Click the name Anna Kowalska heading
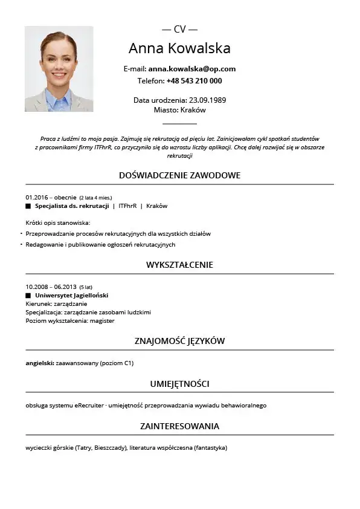[x=179, y=48]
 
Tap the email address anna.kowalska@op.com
[x=192, y=69]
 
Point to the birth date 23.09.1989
[x=207, y=100]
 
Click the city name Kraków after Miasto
[x=193, y=110]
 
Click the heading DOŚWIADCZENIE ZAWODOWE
[x=179, y=175]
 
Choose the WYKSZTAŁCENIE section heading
[x=179, y=265]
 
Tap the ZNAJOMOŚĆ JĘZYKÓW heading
[x=179, y=341]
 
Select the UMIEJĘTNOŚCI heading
[x=179, y=383]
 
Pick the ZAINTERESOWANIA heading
[x=179, y=426]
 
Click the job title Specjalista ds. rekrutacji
[x=72, y=206]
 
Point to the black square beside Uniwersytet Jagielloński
[x=28, y=296]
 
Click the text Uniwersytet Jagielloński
[x=71, y=296]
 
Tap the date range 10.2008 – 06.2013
[x=51, y=287]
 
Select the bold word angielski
[x=39, y=363]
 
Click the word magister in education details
[x=102, y=321]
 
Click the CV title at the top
[x=179, y=29]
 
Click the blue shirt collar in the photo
[x=59, y=97]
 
